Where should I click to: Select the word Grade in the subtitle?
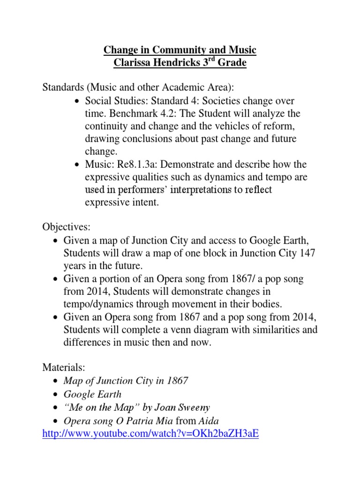[231, 63]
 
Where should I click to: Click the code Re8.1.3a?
[136, 164]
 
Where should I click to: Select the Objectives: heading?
[66, 227]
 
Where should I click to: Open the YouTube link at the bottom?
[150, 434]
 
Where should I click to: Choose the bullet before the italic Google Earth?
[57, 395]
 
